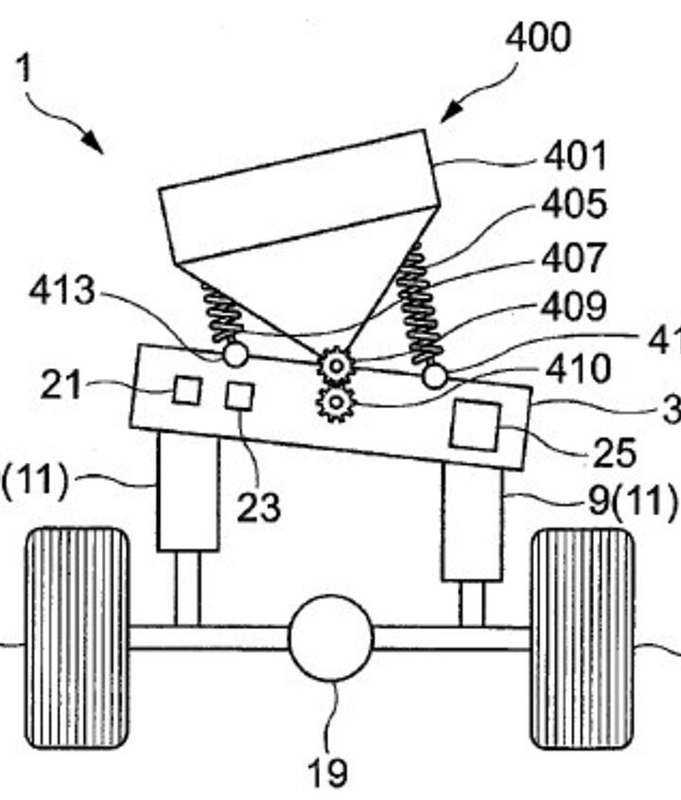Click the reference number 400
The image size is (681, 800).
[x=537, y=39]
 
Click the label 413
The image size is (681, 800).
[x=62, y=292]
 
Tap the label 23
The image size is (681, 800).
[x=258, y=507]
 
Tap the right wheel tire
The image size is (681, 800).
[x=581, y=638]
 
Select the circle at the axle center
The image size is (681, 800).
[x=331, y=638]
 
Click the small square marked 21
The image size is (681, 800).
[x=186, y=390]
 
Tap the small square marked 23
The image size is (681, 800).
[x=239, y=396]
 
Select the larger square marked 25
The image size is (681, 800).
[x=474, y=423]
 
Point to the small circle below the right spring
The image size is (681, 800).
[x=434, y=376]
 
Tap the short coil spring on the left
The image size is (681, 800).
[x=223, y=316]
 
